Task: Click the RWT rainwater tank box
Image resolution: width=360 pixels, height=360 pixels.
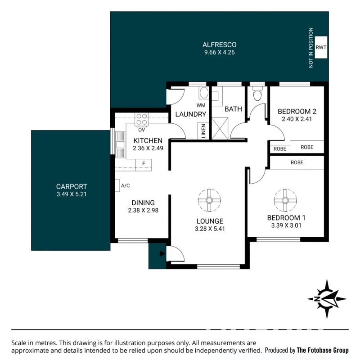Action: [321, 47]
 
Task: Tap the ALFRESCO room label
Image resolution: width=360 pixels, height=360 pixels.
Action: [219, 45]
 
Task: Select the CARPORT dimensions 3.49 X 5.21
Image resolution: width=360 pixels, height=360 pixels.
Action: [72, 194]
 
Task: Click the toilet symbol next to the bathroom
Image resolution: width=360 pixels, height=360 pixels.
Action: [257, 94]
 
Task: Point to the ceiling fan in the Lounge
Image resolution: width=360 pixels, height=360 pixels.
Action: [209, 200]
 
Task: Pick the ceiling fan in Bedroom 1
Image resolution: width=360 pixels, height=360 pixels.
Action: [285, 200]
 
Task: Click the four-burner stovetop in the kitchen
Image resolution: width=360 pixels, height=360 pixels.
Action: [141, 119]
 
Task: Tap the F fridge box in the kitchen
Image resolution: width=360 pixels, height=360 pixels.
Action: [144, 164]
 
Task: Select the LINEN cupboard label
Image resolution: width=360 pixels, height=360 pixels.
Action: [203, 131]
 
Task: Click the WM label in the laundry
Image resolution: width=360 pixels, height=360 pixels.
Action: [201, 105]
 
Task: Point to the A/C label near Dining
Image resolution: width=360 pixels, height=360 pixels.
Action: [126, 185]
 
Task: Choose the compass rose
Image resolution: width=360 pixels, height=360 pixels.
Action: [327, 299]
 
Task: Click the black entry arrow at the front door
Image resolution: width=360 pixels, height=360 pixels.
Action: [162, 254]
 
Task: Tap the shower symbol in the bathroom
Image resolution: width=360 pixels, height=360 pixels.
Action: [220, 129]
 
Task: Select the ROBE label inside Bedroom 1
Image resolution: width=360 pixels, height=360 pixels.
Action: [297, 162]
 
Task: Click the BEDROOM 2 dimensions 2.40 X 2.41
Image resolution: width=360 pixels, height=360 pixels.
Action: [297, 119]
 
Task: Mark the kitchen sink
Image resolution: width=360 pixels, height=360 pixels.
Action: [120, 144]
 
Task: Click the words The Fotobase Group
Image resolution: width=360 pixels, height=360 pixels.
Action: [323, 350]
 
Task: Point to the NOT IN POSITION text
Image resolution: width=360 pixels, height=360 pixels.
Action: [311, 48]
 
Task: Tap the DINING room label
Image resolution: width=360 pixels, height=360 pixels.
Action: [143, 203]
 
